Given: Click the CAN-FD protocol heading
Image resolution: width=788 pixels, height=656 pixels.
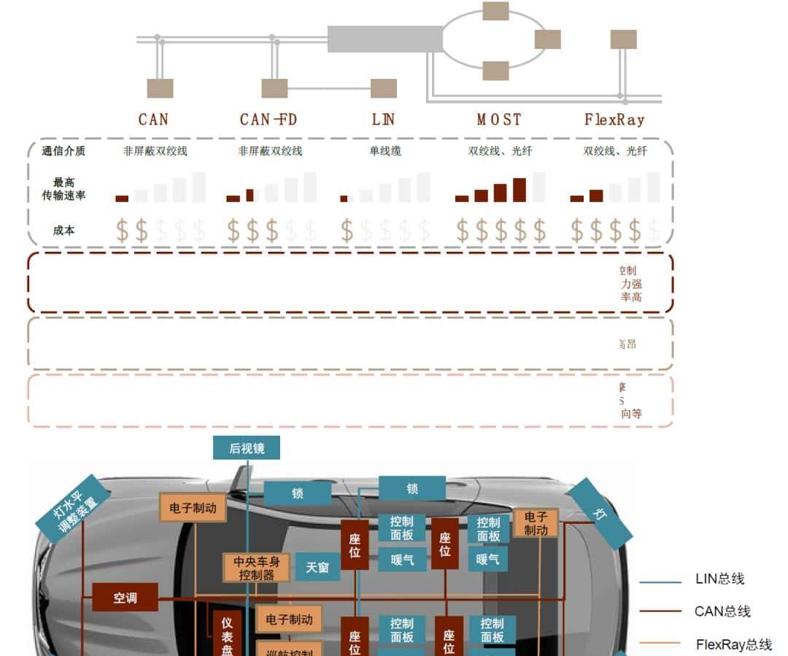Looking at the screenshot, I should [269, 119].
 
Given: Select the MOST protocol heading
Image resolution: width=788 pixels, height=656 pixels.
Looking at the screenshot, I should [499, 119].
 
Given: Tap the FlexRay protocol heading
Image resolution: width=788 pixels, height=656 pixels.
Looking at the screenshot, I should [614, 119].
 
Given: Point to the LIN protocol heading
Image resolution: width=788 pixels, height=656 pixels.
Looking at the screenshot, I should [383, 119].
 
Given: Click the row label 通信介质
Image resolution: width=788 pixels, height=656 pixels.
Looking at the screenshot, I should [63, 151].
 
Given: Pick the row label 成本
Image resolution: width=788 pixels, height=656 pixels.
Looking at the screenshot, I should [63, 230].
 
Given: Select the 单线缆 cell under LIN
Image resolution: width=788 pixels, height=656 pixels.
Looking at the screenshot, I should [385, 151].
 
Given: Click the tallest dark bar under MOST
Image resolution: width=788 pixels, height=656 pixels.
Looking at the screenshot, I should [519, 190].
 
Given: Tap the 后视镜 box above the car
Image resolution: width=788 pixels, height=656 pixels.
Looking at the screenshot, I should [247, 448].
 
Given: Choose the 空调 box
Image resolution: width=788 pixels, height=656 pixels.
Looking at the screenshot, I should [125, 598].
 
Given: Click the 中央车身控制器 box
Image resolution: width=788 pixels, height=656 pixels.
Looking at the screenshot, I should [256, 568].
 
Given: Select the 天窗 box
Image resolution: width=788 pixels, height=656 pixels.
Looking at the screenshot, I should [317, 567].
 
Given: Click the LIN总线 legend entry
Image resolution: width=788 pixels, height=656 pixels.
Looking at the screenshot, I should [719, 579].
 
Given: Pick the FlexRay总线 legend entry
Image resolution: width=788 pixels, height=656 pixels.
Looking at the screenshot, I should [733, 644].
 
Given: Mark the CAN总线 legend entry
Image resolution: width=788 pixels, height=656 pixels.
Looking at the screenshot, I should [722, 611].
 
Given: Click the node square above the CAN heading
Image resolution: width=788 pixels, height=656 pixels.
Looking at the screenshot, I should [160, 88].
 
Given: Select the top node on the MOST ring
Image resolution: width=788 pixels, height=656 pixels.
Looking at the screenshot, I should [495, 11].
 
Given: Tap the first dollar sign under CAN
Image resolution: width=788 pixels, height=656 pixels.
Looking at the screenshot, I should [123, 231].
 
